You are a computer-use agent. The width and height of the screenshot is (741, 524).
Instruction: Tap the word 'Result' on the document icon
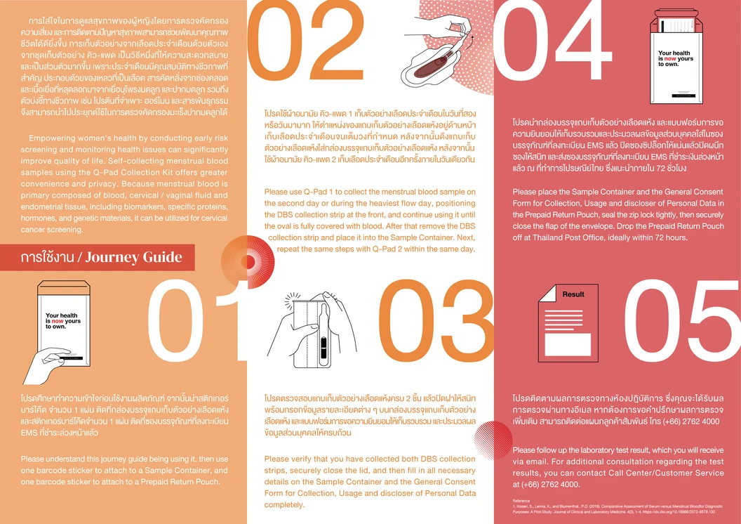pos(573,294)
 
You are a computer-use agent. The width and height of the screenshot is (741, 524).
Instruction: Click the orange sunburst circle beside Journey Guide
pos(242,258)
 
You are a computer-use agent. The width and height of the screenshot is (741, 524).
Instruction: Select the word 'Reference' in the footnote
pos(523,501)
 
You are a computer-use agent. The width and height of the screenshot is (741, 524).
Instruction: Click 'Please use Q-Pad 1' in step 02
pos(302,192)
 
